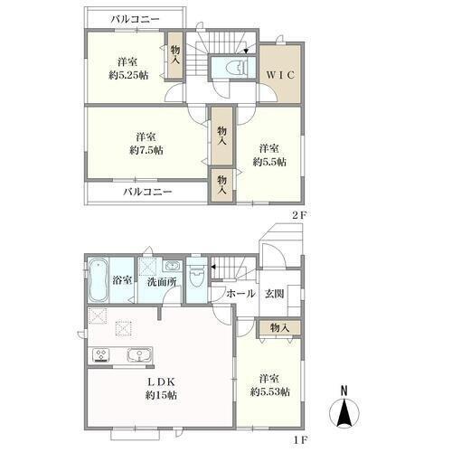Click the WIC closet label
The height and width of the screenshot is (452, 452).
(280, 75)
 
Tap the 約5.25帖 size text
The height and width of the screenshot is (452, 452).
(128, 75)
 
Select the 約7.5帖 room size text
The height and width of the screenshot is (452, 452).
(146, 150)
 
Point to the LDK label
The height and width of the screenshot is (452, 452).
(161, 381)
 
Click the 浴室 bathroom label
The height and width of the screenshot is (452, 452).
(122, 280)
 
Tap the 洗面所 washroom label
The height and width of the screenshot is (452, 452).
(162, 282)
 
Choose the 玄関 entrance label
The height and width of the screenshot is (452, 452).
(275, 293)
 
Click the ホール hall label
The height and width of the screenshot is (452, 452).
(240, 293)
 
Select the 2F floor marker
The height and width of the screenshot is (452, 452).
(299, 215)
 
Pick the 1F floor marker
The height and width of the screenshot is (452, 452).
(300, 440)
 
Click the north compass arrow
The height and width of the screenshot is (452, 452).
(344, 413)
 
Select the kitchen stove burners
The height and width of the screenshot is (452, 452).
(101, 355)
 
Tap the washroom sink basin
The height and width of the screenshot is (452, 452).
(172, 266)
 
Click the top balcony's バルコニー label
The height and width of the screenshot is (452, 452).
(135, 20)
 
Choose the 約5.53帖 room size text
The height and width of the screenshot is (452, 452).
(270, 392)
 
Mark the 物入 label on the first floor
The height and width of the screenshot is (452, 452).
(279, 327)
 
